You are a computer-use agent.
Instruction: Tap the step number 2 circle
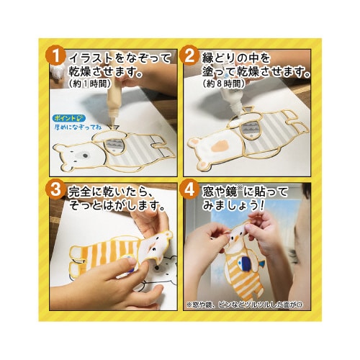(x=189, y=56)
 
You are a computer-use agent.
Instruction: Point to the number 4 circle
(x=189, y=192)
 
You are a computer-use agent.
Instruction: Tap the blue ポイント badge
(x=68, y=115)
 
